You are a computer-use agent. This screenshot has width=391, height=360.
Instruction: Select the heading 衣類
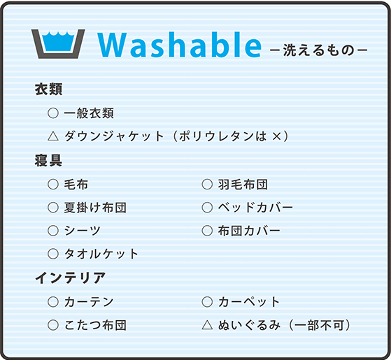(49, 90)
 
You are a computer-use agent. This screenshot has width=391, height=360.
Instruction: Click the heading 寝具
(49, 161)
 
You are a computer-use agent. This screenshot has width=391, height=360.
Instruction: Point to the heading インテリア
(71, 278)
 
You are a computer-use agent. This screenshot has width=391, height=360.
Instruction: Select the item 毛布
(76, 185)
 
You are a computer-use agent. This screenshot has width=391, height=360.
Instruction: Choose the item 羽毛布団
(243, 185)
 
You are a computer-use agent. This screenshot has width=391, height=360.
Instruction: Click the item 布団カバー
(249, 231)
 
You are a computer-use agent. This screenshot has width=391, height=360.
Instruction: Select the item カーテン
(88, 302)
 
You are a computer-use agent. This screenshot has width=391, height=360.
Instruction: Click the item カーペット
(249, 302)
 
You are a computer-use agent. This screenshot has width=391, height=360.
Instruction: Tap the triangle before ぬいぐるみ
(206, 325)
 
